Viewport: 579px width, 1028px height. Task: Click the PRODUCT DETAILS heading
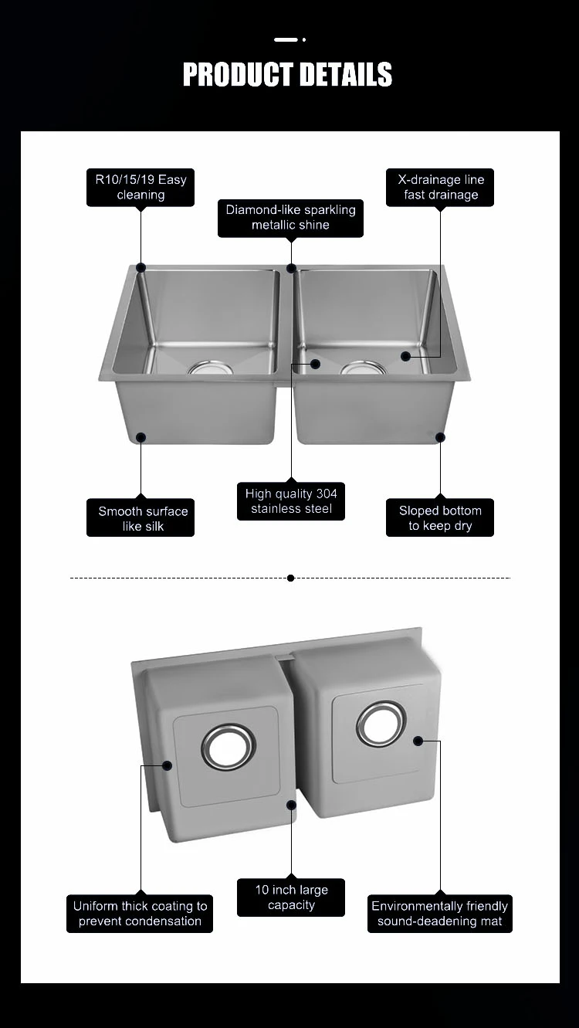pyautogui.click(x=287, y=75)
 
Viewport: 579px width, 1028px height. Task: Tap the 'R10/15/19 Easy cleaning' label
pyautogui.click(x=141, y=188)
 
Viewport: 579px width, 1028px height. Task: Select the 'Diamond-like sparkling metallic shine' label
pyautogui.click(x=290, y=218)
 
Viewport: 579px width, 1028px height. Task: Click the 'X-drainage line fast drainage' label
pyautogui.click(x=441, y=188)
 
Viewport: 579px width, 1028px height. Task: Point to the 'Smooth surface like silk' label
pyautogui.click(x=141, y=518)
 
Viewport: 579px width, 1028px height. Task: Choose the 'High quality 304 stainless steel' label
pyautogui.click(x=291, y=501)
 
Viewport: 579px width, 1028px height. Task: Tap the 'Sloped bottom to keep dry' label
pyautogui.click(x=440, y=518)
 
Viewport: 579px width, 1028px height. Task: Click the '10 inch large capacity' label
pyautogui.click(x=291, y=897)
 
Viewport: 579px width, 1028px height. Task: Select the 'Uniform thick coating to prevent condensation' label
pyautogui.click(x=140, y=914)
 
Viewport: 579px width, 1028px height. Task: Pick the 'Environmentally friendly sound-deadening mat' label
pyautogui.click(x=439, y=914)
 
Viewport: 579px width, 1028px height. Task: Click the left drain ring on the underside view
pyautogui.click(x=229, y=747)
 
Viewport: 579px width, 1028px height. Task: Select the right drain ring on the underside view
pyautogui.click(x=381, y=724)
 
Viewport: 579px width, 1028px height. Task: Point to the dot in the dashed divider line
pyautogui.click(x=290, y=578)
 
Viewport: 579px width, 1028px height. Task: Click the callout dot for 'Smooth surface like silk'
pyautogui.click(x=141, y=437)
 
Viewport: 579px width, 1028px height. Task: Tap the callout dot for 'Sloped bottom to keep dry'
pyautogui.click(x=440, y=437)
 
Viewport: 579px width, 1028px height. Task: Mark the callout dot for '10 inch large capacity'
pyautogui.click(x=291, y=805)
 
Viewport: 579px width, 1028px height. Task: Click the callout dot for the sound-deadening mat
pyautogui.click(x=418, y=741)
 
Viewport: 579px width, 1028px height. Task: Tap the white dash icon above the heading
pyautogui.click(x=286, y=39)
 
